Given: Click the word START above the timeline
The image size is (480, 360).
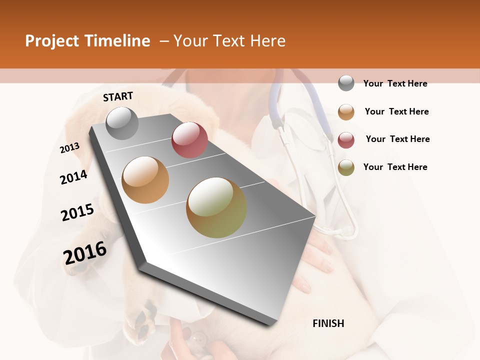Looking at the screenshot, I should point(118,96).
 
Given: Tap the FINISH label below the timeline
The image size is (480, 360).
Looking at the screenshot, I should point(328,323).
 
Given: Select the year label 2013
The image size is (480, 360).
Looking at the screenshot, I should point(70,148).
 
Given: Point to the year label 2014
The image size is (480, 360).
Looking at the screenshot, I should point(73,177).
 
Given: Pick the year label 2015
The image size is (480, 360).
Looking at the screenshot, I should point(77,212).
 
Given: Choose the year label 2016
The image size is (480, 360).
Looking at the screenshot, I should point(85,252).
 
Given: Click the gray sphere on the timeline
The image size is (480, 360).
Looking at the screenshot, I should point(122,123).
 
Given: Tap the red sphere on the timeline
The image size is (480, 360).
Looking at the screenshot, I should point(189,140).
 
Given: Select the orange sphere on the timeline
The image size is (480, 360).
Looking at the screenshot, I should point(145,180).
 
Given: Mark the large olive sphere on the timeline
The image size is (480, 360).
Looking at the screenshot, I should point(216,207).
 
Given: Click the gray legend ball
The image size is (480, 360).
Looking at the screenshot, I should point(346,83).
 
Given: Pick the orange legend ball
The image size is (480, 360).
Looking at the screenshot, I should point(346,112).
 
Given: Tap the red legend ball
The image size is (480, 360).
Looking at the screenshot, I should point(346,140).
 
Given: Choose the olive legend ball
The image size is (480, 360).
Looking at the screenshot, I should point(346,167).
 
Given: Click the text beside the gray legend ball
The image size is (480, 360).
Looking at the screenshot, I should point(395,83).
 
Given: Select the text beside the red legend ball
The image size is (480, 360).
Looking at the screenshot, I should point(397,139).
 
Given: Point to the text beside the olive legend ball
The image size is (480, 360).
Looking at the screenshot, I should point(395,167).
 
